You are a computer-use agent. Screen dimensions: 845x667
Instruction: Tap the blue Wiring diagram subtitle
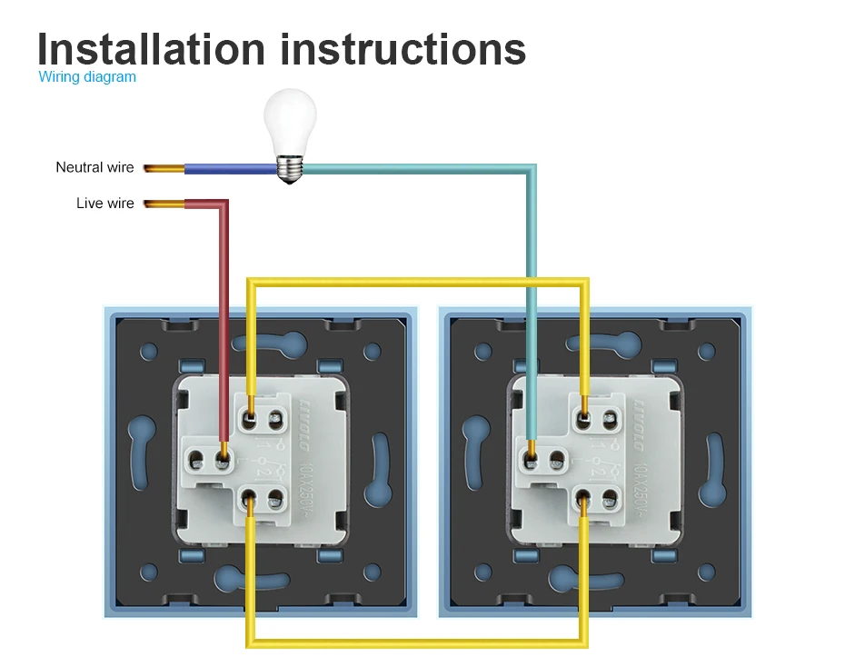[87, 77]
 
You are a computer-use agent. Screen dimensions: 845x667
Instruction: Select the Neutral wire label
[94, 167]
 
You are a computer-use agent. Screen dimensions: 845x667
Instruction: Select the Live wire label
[104, 204]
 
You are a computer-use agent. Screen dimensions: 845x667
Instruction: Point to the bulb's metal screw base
[289, 169]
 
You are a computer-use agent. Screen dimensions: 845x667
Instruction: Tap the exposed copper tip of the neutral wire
[163, 168]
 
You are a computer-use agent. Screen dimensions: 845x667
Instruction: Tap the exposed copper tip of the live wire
[163, 204]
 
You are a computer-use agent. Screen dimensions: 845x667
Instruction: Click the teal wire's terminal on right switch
[531, 454]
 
